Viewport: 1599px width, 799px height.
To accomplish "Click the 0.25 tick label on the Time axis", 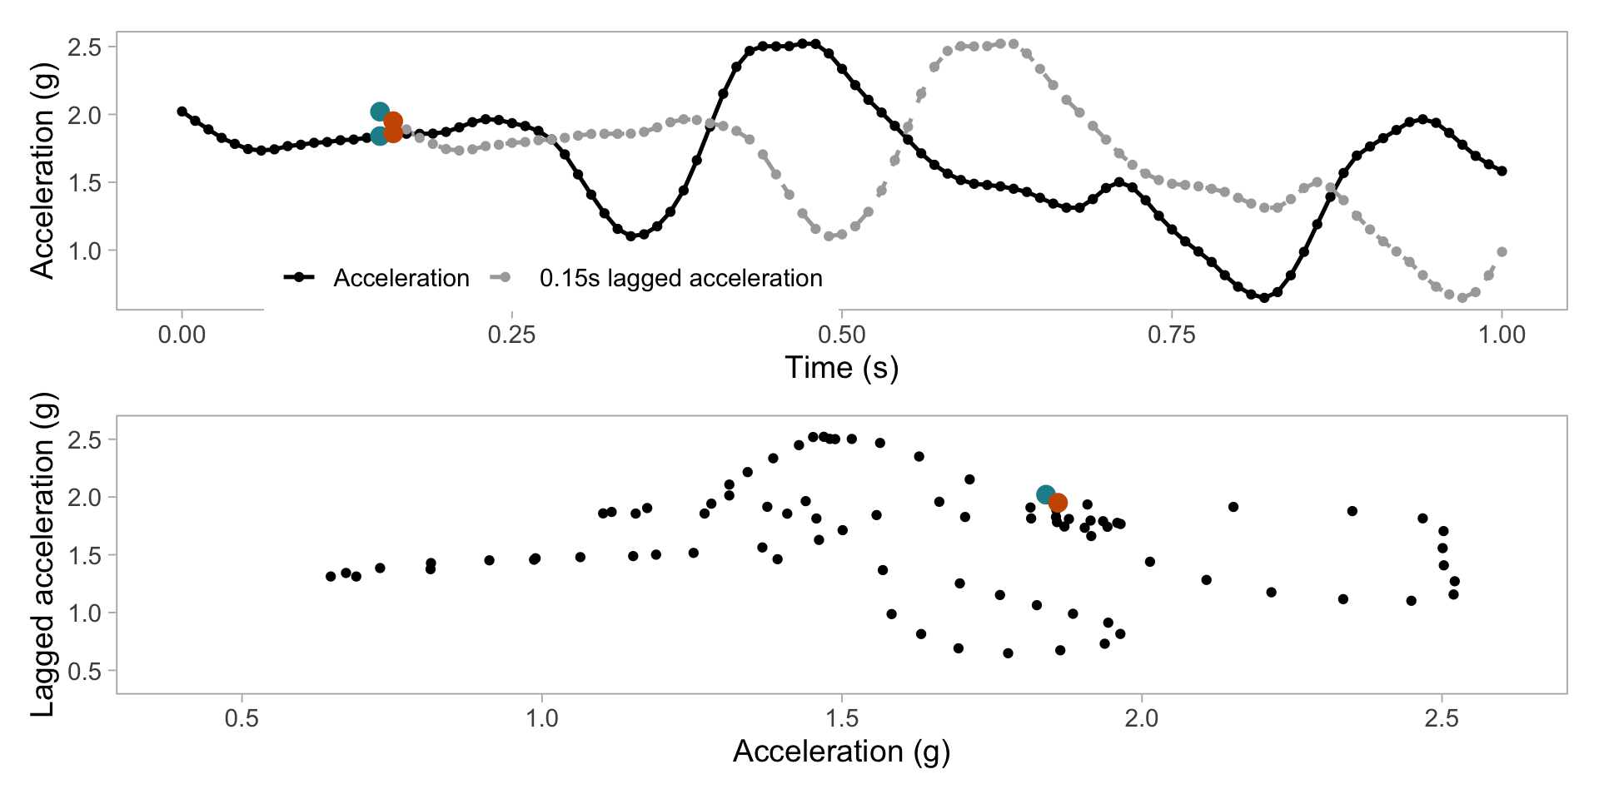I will (x=511, y=335).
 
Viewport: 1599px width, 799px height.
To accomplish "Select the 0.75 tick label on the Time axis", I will (x=1171, y=335).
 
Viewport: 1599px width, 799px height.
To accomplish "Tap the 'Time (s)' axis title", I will (x=841, y=368).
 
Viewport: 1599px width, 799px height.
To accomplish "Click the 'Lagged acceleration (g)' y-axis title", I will (x=42, y=554).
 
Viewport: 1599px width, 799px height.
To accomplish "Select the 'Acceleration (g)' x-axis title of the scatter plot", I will (x=841, y=752).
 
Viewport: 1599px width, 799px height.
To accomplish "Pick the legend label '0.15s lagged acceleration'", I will (x=680, y=278).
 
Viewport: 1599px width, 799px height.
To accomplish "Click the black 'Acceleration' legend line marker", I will (x=299, y=277).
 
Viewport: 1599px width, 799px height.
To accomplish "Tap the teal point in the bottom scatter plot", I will (x=1046, y=494).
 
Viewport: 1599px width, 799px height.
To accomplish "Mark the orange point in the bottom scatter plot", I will (x=1059, y=503).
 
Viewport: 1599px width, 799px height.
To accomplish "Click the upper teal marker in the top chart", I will (x=380, y=112).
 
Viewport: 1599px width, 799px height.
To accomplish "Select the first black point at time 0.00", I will (x=182, y=112).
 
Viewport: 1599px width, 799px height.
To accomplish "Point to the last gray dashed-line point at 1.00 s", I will (x=1502, y=251).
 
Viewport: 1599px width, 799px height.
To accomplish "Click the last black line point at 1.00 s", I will (x=1502, y=171).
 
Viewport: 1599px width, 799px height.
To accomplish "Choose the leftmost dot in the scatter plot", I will (x=331, y=576).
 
